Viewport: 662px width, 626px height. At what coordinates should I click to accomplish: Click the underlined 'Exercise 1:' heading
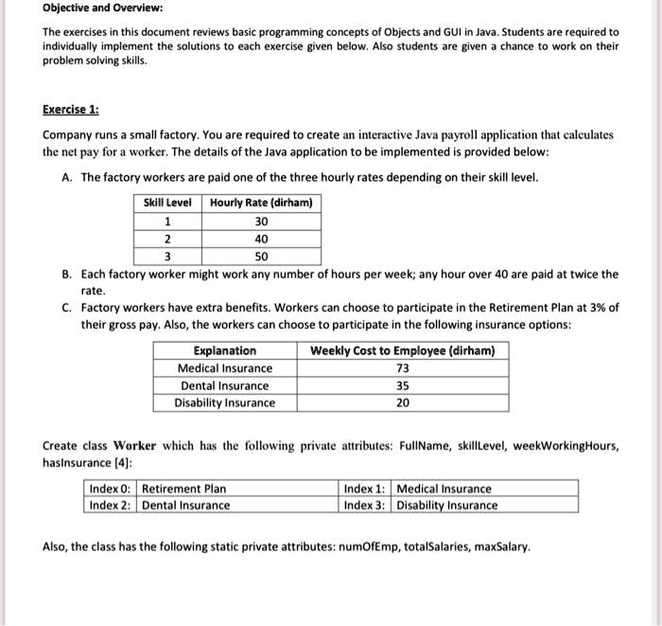point(71,110)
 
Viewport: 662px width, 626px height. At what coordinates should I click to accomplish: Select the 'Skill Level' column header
point(167,203)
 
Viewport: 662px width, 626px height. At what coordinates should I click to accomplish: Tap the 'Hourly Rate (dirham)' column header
point(261,203)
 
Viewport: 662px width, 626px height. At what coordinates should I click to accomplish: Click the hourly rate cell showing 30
point(261,221)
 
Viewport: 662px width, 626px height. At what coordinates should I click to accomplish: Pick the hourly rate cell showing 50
point(261,257)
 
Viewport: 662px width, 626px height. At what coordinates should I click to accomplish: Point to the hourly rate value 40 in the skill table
point(261,239)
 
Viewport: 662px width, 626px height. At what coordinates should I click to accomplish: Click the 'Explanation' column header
point(224,350)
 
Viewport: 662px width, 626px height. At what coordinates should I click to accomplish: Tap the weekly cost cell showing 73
point(402,368)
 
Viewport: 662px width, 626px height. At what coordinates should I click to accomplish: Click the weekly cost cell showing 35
point(402,385)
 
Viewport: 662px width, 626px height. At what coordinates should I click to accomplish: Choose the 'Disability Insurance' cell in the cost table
point(224,403)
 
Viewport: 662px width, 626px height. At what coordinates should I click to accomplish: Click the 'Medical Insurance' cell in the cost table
point(224,368)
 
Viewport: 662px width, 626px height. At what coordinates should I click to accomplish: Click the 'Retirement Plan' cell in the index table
point(184,489)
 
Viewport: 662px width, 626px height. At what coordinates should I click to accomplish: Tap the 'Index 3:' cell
point(365,505)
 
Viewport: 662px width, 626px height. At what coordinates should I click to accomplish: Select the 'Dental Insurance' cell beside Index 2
point(186,505)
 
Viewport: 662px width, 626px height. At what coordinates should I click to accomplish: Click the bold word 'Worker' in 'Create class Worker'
point(135,445)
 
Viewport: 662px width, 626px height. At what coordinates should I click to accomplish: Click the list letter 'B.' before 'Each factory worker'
point(67,275)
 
